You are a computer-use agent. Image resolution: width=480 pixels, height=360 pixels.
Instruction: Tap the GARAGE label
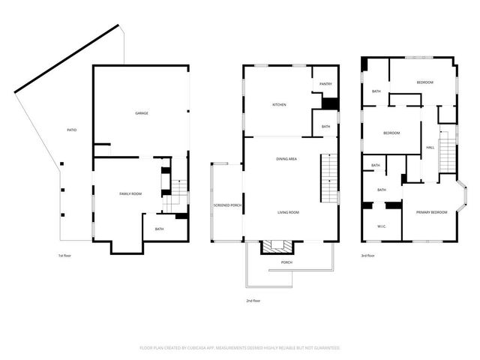141,113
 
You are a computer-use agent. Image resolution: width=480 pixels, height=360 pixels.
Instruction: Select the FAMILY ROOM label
130,194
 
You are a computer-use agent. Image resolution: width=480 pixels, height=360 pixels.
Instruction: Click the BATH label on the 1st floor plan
159,229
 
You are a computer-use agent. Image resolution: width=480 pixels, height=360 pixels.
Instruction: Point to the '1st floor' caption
65,256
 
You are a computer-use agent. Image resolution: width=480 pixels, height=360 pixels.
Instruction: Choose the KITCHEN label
279,104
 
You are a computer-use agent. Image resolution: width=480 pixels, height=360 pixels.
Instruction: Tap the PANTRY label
326,84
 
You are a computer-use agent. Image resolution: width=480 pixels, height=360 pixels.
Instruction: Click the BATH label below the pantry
326,126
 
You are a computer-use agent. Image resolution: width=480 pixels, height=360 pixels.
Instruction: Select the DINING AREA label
286,159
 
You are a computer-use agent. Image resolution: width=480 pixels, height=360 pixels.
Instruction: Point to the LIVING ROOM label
288,212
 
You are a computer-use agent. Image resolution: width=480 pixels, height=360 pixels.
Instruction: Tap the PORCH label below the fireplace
286,262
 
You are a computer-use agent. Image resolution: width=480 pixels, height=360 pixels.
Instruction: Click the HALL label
430,147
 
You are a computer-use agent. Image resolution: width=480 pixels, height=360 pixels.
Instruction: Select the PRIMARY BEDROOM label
432,212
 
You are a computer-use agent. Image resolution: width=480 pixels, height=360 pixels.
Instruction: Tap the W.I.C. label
381,226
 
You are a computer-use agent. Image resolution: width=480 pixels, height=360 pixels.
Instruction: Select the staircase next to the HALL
447,154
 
